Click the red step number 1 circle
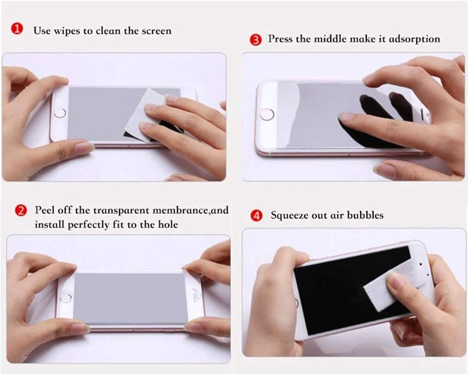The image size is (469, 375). pos(17,29)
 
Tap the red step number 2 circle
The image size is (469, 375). pos(21,211)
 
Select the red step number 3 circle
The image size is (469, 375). pos(256,40)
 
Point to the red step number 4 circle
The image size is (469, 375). pos(257,215)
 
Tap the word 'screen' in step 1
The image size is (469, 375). pos(157,31)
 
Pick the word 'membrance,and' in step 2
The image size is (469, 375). pos(190,210)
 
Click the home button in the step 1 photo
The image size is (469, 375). pos(60,113)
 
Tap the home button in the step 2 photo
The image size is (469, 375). pos(66,298)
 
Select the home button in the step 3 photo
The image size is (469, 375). pos(267,115)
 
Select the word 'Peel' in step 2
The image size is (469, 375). pos(45,210)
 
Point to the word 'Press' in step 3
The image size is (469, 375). pos(280,39)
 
